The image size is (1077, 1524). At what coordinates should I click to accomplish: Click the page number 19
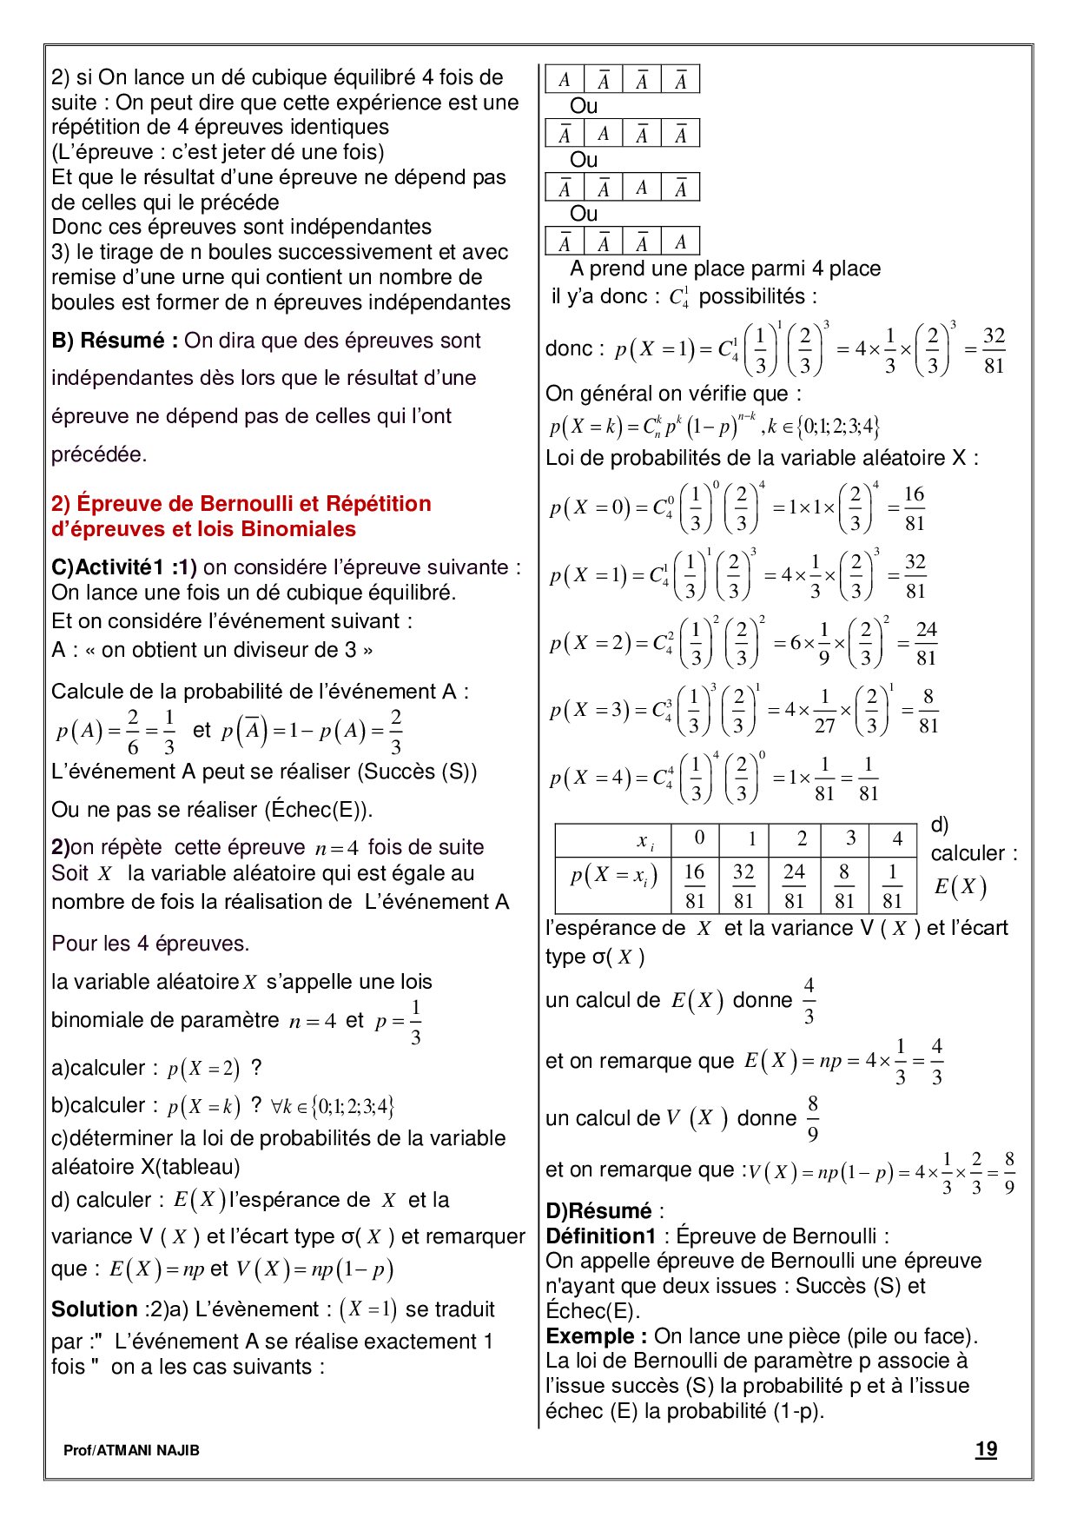[x=986, y=1448]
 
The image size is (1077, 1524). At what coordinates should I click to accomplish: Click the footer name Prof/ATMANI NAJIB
[x=131, y=1450]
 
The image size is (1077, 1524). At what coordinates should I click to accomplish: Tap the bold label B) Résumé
[x=115, y=341]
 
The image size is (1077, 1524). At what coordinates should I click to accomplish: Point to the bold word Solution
[x=95, y=1309]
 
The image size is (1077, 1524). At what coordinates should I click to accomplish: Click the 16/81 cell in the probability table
[x=694, y=885]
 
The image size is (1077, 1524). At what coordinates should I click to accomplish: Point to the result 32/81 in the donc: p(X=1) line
[x=994, y=350]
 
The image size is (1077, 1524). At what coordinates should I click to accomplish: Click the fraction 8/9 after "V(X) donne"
[x=812, y=1118]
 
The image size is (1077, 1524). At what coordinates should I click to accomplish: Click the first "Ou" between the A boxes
[x=584, y=106]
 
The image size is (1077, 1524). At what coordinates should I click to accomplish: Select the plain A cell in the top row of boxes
[x=565, y=80]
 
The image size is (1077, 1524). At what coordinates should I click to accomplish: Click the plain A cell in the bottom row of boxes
[x=680, y=242]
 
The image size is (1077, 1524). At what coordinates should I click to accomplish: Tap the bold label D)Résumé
[x=598, y=1210]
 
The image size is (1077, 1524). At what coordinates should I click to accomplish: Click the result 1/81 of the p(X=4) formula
[x=869, y=779]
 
